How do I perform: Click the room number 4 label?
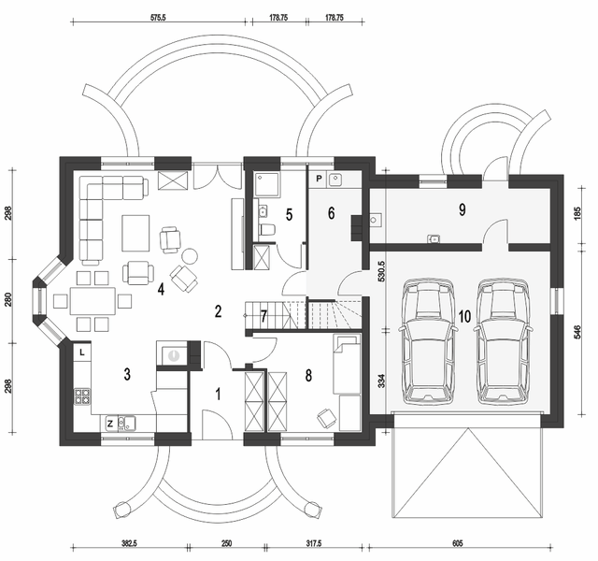pyautogui.click(x=161, y=289)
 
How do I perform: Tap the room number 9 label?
pyautogui.click(x=463, y=209)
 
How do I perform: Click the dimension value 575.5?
pyautogui.click(x=158, y=18)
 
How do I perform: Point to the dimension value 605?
pyautogui.click(x=457, y=543)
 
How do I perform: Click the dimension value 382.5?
pyautogui.click(x=129, y=543)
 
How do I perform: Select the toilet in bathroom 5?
pyautogui.click(x=267, y=230)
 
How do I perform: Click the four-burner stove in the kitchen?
pyautogui.click(x=82, y=396)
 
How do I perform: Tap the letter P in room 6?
pyautogui.click(x=320, y=179)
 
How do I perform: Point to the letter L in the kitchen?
pyautogui.click(x=82, y=353)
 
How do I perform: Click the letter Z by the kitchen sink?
pyautogui.click(x=110, y=424)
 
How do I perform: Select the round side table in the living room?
pyautogui.click(x=189, y=256)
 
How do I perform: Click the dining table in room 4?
pyautogui.click(x=93, y=301)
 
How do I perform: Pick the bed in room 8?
pyautogui.click(x=347, y=364)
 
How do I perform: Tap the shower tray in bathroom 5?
pyautogui.click(x=266, y=184)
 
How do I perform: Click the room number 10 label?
pyautogui.click(x=465, y=316)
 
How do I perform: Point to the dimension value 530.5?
pyautogui.click(x=381, y=271)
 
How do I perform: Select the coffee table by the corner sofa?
pyautogui.click(x=135, y=233)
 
